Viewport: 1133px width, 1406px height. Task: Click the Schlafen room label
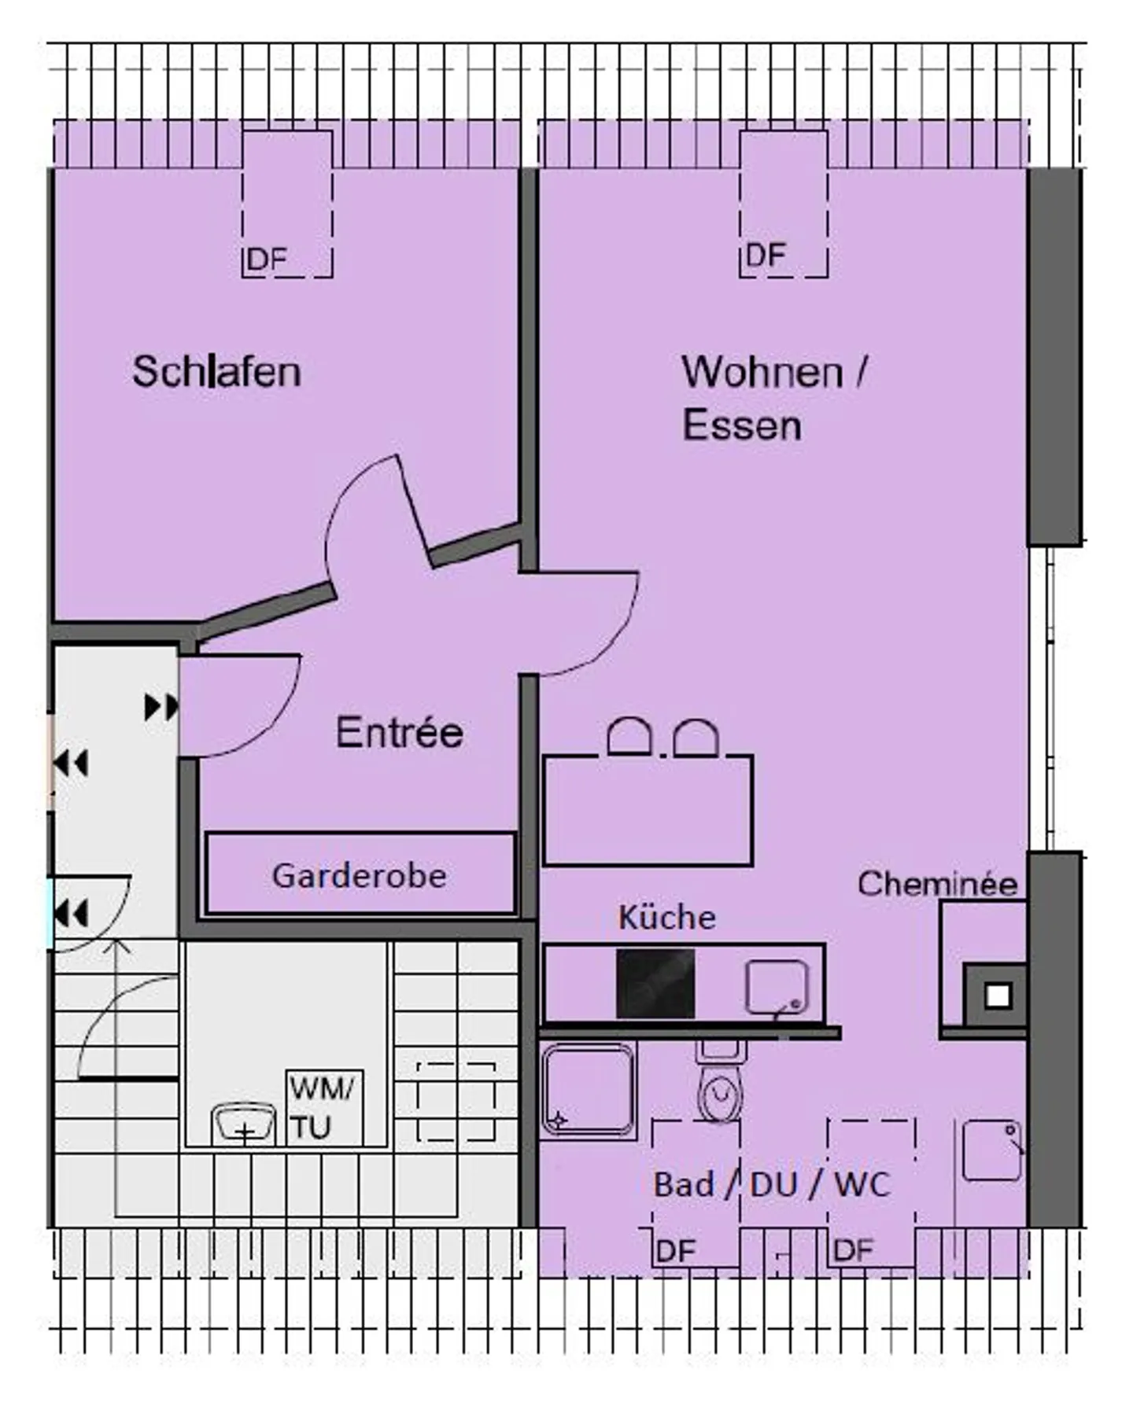[x=216, y=372]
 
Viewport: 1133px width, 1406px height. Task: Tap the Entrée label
[x=399, y=732]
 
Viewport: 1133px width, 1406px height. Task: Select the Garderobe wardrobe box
[x=360, y=874]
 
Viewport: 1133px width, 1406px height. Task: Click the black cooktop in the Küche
[x=655, y=984]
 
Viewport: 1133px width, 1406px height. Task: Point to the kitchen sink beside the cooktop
[x=777, y=986]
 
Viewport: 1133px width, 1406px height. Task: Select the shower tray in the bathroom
[x=588, y=1090]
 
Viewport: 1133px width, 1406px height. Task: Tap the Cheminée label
[x=937, y=885]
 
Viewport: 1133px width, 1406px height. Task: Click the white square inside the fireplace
[x=998, y=996]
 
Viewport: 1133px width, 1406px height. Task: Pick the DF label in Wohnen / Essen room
[x=766, y=256]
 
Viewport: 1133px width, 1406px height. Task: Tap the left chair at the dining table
[x=629, y=738]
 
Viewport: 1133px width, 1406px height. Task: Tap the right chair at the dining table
[x=696, y=738]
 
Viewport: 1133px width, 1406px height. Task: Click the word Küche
[x=666, y=918]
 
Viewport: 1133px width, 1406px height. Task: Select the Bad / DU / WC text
[x=771, y=1184]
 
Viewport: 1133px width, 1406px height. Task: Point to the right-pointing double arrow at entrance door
[x=161, y=707]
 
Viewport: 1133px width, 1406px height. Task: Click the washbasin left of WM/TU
[x=243, y=1124]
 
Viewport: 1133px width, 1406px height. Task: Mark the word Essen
[x=741, y=425]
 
